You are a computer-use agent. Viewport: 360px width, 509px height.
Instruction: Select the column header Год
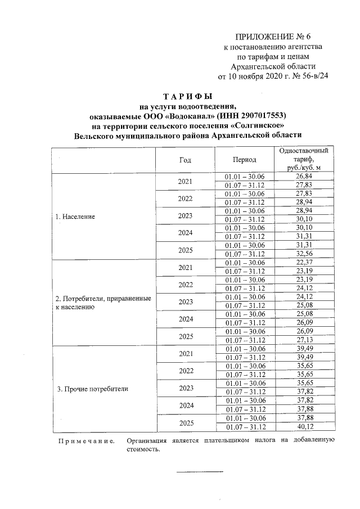tap(185, 160)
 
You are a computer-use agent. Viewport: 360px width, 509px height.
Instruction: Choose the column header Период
tap(244, 160)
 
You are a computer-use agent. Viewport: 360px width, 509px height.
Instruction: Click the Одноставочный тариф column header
tap(303, 159)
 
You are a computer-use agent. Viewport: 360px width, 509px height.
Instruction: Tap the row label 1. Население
tap(75, 217)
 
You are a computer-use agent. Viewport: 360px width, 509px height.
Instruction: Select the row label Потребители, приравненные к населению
tap(102, 303)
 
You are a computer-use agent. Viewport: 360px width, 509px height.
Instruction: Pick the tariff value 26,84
tap(303, 177)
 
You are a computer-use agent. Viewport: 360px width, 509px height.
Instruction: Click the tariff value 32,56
tap(303, 254)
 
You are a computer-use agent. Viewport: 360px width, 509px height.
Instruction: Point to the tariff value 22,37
tap(303, 263)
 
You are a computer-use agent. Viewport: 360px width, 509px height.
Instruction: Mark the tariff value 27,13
tap(303, 340)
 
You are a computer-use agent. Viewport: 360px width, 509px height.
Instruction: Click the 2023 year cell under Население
tap(185, 215)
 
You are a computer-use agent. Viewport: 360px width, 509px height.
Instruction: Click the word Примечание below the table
tap(87, 440)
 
